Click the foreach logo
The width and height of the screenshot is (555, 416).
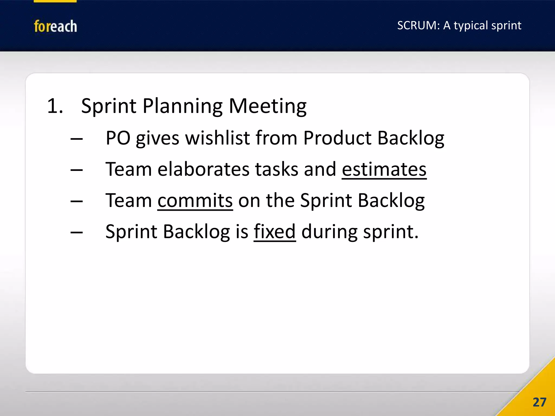click(55, 26)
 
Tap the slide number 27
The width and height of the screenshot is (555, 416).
click(539, 402)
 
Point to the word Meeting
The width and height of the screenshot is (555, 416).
click(267, 106)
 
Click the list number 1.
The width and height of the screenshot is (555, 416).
click(55, 106)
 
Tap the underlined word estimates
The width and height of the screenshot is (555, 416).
click(384, 169)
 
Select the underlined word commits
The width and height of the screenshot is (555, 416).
click(195, 200)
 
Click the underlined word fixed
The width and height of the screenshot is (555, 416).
click(275, 232)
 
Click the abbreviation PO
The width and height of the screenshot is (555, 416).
click(118, 138)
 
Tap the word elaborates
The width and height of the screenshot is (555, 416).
click(203, 169)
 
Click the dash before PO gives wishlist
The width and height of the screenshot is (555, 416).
click(76, 139)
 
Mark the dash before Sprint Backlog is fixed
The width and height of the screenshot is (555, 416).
click(76, 232)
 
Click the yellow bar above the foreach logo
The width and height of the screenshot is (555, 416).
click(55, 1)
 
